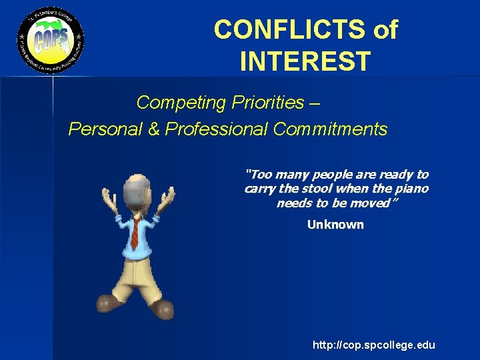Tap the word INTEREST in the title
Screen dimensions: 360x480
point(305,61)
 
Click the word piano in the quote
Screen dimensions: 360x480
point(413,189)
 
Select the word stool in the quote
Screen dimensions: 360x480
point(319,189)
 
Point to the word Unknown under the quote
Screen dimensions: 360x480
point(335,225)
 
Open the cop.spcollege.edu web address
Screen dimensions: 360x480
point(373,345)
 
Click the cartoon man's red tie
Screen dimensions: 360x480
point(135,233)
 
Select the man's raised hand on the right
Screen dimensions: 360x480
point(167,199)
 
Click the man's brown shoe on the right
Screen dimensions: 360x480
point(162,309)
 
